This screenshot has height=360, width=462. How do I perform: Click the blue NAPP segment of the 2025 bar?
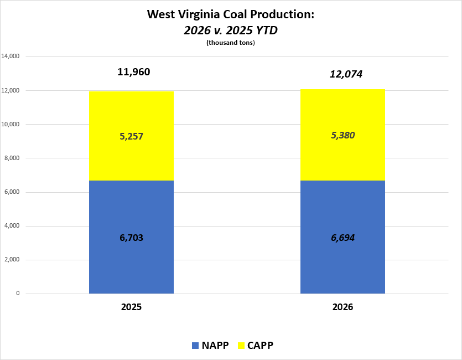[x=131, y=260]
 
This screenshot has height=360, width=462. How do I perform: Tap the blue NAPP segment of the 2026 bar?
[x=342, y=260]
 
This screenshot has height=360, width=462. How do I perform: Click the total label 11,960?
[x=133, y=72]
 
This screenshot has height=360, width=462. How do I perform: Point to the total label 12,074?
[x=346, y=74]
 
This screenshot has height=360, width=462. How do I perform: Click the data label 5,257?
[x=131, y=136]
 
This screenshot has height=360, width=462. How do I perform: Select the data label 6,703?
[x=131, y=238]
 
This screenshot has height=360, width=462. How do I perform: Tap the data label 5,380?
[x=342, y=136]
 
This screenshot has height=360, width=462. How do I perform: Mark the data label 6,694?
[x=342, y=238]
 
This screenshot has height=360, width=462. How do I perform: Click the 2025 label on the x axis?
[x=131, y=307]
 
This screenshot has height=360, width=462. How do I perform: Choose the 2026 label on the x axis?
[x=342, y=307]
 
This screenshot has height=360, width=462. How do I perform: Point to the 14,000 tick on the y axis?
[x=11, y=56]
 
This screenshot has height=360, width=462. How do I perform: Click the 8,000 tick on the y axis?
[x=12, y=158]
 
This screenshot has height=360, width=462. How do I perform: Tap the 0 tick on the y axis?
[x=18, y=294]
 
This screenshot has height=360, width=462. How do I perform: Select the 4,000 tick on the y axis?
[x=12, y=226]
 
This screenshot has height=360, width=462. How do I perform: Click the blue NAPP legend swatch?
[x=195, y=346]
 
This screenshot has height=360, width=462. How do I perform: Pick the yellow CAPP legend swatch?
[x=240, y=346]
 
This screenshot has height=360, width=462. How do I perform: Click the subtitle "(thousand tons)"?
[x=230, y=43]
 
